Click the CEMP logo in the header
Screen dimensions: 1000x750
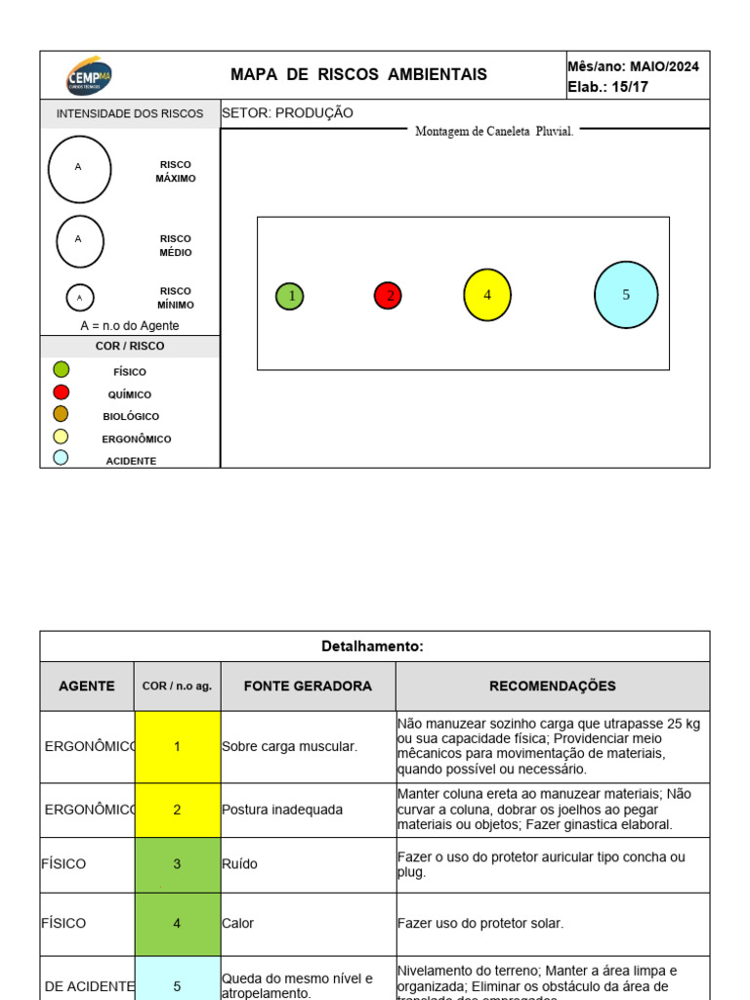point(89,75)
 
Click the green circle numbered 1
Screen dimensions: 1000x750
point(289,296)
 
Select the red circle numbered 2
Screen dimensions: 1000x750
point(388,295)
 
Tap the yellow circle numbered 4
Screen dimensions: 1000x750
point(487,295)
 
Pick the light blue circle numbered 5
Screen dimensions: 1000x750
point(626,295)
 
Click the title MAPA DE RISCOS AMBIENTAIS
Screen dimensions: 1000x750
point(358,75)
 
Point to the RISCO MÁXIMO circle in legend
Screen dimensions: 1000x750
point(79,170)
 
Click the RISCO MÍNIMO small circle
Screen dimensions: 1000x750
point(80,297)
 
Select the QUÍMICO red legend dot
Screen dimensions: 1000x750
point(61,392)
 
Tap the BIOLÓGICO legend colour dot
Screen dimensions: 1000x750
point(61,414)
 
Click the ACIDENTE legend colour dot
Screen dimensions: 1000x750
point(61,457)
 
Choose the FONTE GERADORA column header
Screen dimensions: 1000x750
point(308,687)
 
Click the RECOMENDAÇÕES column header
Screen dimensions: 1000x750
point(552,687)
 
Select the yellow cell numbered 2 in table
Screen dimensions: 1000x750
point(177,810)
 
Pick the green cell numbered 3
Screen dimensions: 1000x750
point(177,864)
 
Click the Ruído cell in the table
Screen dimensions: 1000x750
point(308,864)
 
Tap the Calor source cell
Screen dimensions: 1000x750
point(308,923)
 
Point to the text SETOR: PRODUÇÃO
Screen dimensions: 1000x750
point(288,113)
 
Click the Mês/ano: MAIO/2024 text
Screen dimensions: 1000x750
point(633,66)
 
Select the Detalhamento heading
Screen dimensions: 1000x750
point(374,646)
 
